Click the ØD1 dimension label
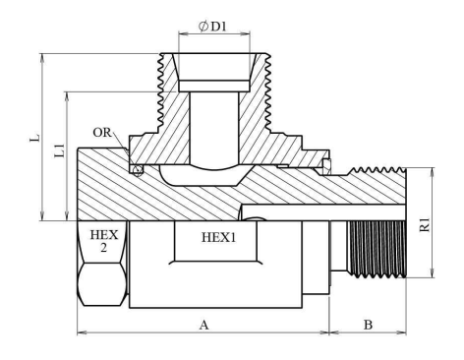(212, 27)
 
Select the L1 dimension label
(59, 150)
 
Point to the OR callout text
(102, 133)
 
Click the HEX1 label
(218, 237)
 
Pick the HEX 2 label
(104, 241)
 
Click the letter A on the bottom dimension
(203, 325)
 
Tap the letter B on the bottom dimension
(368, 325)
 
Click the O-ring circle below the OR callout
(138, 170)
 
